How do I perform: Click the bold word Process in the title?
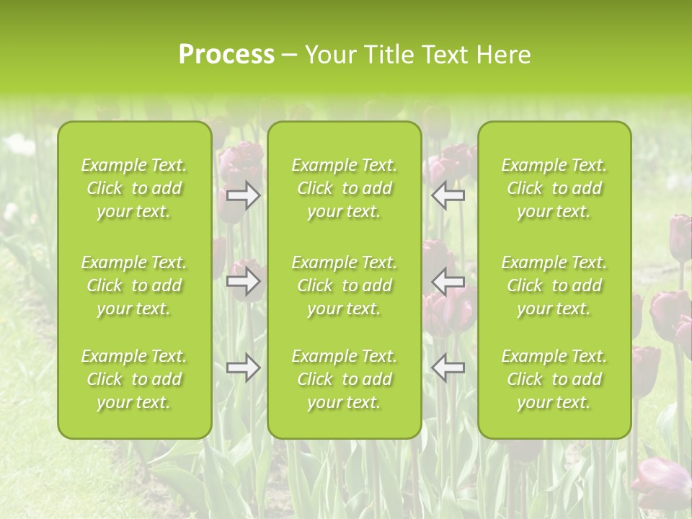(226, 55)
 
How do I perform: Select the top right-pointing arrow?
(243, 195)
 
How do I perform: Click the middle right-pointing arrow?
(243, 281)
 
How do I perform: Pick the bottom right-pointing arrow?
(243, 368)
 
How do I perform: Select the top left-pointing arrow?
(448, 195)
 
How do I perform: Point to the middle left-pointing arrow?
(448, 281)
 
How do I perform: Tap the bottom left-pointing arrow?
(448, 368)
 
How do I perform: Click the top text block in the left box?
(134, 188)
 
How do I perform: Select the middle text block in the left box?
(134, 285)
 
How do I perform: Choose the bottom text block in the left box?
(134, 379)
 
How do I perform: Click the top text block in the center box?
(345, 188)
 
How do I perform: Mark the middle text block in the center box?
(345, 285)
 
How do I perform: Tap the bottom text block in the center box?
(345, 379)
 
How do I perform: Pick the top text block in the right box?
(554, 188)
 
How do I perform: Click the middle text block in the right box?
(554, 285)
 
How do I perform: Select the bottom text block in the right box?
(554, 379)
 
